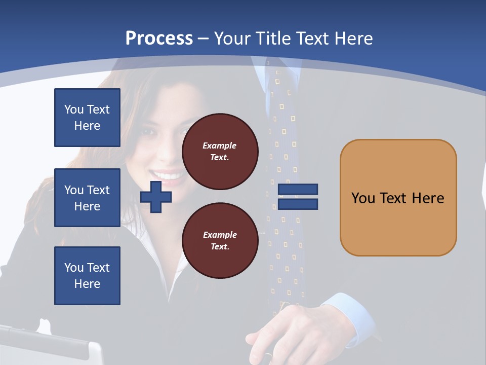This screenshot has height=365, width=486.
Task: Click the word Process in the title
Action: pos(159,38)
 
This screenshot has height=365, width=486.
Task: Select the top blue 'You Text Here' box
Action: pos(87,118)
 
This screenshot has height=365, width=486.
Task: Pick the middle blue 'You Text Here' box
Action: pos(87,198)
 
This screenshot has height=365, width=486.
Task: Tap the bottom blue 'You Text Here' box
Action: pos(87,276)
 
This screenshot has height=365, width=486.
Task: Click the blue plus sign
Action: pos(156,197)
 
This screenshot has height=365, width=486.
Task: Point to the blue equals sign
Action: pos(298,197)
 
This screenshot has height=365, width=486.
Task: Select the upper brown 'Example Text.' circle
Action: pos(220,152)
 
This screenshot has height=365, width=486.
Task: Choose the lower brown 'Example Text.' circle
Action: pos(220,240)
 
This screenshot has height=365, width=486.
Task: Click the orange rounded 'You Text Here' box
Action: pos(398,198)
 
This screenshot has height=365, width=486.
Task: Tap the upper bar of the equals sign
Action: pos(298,190)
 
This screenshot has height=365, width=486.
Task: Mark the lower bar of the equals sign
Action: pos(298,204)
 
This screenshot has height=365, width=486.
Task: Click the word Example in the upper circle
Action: pos(219,145)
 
